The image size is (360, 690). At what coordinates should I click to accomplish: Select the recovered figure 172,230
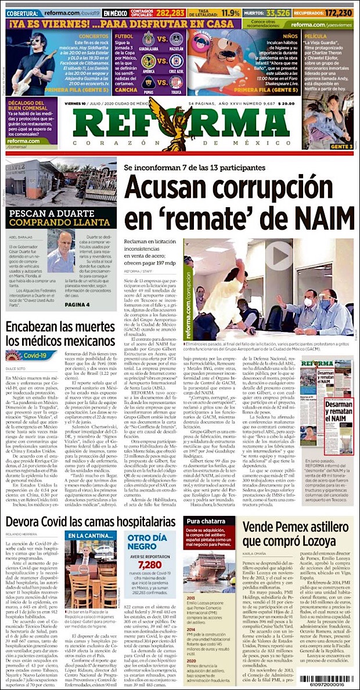339,12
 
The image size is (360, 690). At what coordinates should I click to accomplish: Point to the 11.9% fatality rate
231,12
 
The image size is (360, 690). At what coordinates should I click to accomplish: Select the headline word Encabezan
42,326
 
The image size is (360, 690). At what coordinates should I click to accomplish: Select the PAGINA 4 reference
73,304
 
